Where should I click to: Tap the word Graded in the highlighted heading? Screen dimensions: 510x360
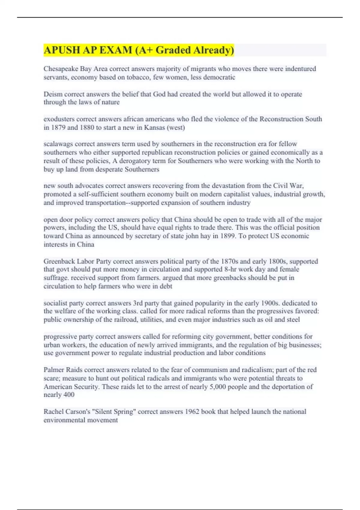(x=173, y=50)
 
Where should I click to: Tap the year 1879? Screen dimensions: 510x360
(x=58, y=127)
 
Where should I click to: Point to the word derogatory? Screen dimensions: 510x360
(x=135, y=161)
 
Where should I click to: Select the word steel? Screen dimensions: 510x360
(x=293, y=319)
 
